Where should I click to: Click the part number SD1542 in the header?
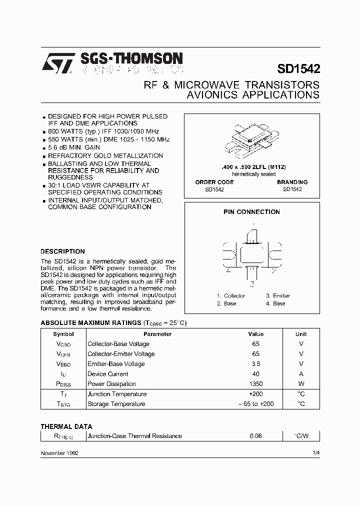pos(298,68)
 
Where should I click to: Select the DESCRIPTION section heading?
pos(62,251)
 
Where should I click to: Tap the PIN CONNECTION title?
pos(251,212)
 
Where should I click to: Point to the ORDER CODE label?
pos(214,182)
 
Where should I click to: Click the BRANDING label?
pos(292,182)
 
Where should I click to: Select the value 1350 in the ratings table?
pos(255,384)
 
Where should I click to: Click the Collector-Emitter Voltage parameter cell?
pos(121,354)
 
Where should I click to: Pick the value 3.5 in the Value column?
pos(255,364)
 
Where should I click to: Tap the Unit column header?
pos(301,334)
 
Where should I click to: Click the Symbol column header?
pos(63,334)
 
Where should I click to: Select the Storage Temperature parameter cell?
pos(116,404)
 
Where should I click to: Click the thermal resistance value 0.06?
pos(255,436)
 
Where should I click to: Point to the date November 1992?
pos(59,452)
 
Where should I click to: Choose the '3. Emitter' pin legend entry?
pos(277,295)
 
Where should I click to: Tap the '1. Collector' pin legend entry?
pos(231,295)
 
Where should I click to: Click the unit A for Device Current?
pos(301,374)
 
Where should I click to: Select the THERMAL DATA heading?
pos(66,426)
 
